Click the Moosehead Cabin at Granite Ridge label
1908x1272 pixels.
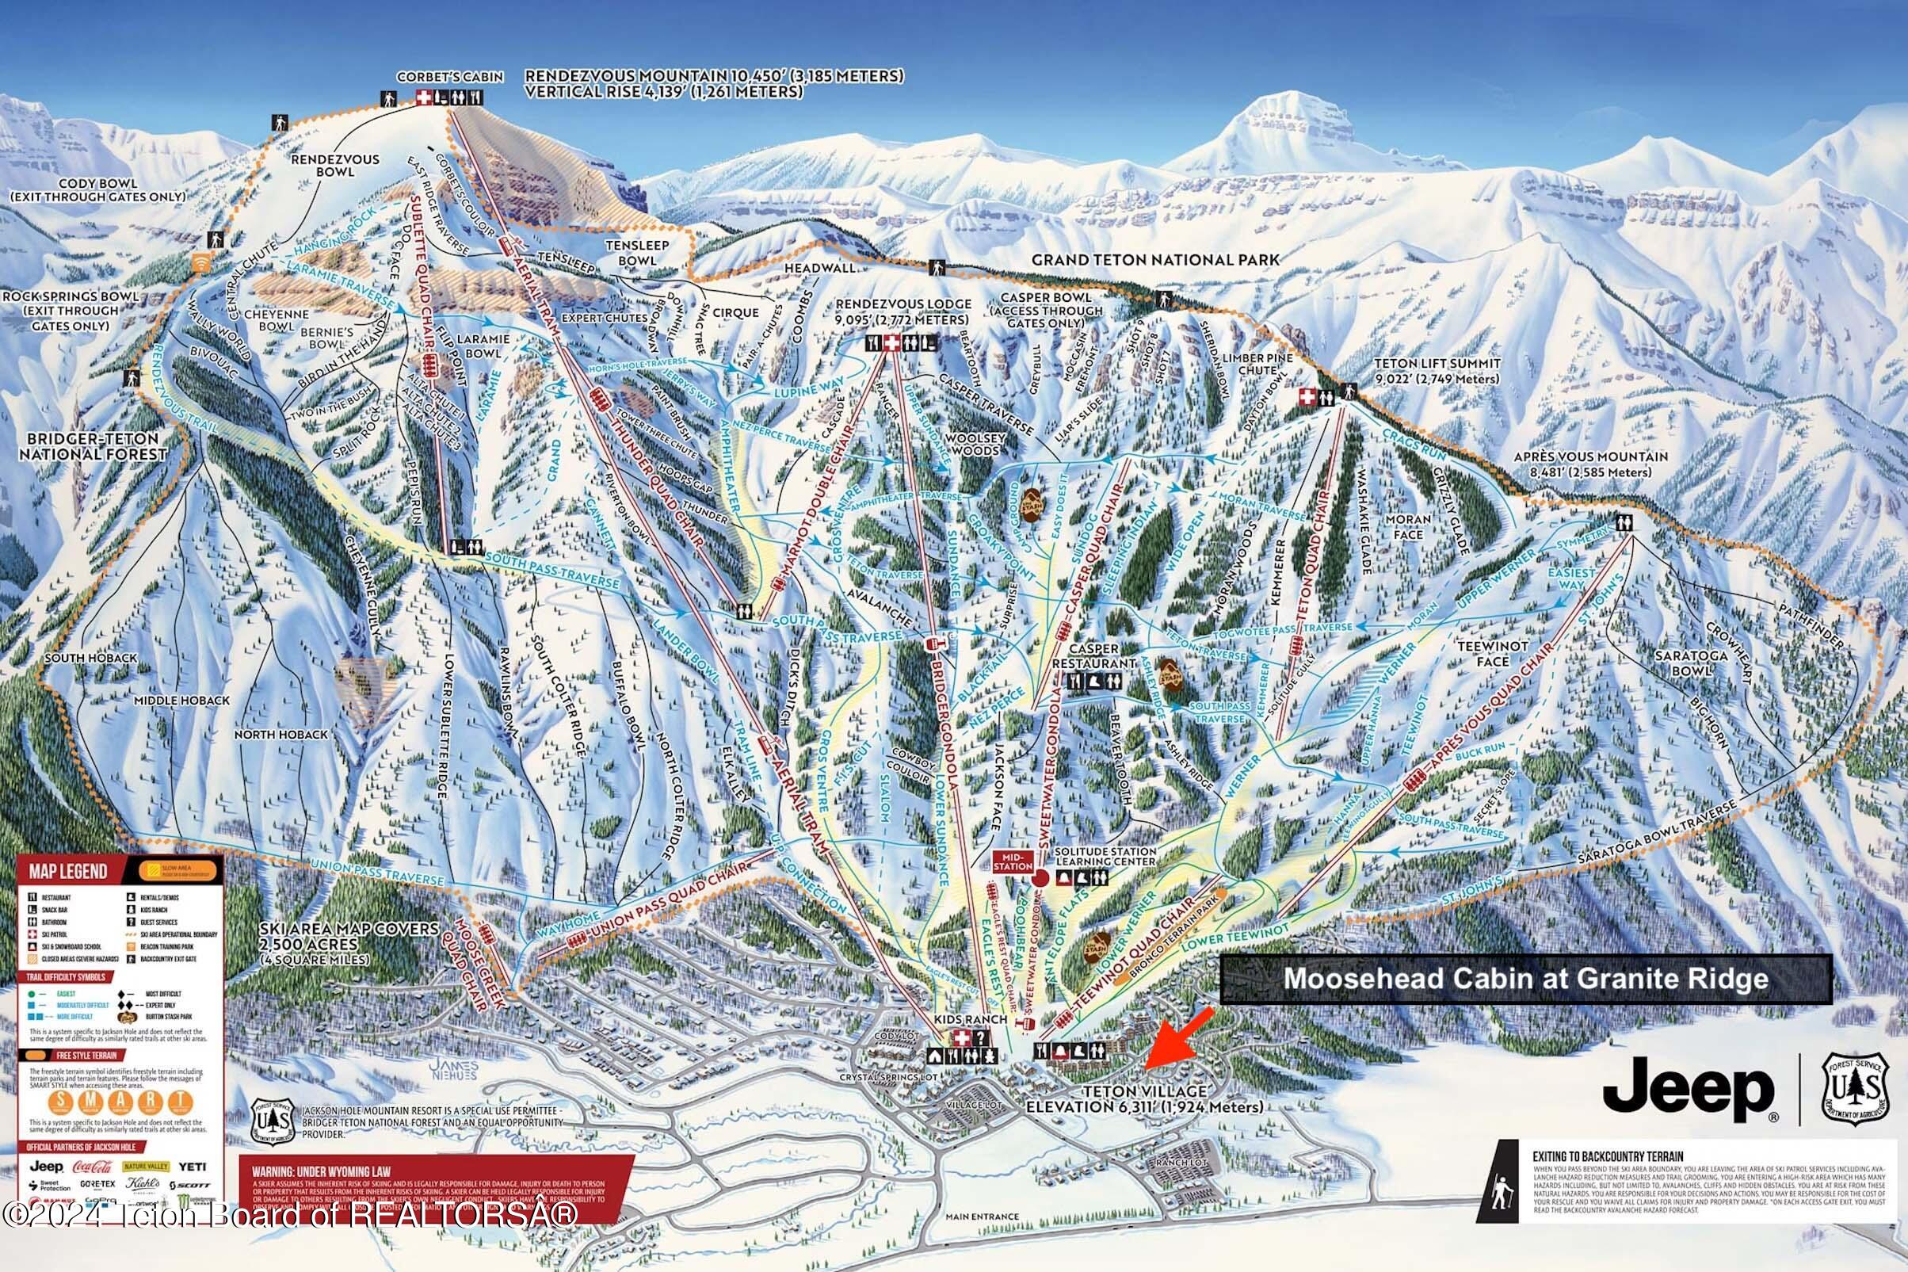tap(1525, 978)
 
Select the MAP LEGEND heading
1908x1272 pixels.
tap(68, 872)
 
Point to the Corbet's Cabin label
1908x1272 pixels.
tap(450, 77)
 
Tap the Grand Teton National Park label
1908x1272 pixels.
tap(1154, 261)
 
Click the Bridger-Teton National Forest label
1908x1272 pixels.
tap(93, 446)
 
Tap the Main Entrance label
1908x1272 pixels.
tap(982, 1239)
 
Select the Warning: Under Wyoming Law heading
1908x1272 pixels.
tap(321, 1172)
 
